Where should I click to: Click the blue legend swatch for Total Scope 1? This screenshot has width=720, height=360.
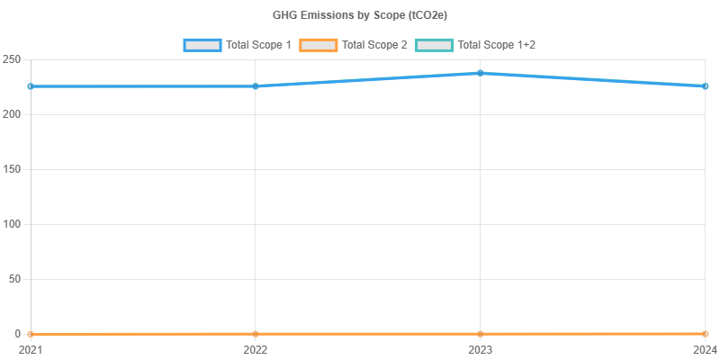pos(202,44)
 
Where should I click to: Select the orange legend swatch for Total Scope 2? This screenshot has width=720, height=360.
pos(318,44)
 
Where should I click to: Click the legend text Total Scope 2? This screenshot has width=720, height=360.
pos(374,44)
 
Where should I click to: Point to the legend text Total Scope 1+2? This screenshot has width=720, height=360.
pos(497,44)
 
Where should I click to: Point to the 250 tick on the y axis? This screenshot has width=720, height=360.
pos(12,59)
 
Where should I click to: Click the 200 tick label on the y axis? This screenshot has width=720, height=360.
pos(12,114)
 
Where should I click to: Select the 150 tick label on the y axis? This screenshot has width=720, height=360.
pos(12,169)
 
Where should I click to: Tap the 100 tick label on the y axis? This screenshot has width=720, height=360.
pos(12,224)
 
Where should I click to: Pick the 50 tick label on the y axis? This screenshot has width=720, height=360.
pos(14,279)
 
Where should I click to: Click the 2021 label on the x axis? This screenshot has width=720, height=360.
pos(30,349)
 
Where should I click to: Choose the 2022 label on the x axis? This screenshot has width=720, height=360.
pos(256,349)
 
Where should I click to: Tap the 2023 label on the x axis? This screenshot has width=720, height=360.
pos(481,349)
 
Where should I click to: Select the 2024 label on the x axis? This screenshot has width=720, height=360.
pos(704,349)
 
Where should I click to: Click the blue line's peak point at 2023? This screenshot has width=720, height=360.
pos(481,73)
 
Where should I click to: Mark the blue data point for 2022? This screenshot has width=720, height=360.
pos(256,86)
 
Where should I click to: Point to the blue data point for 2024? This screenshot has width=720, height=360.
pos(706,86)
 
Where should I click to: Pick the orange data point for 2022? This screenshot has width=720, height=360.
pos(256,334)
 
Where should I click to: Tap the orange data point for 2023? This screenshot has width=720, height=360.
pos(481,334)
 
